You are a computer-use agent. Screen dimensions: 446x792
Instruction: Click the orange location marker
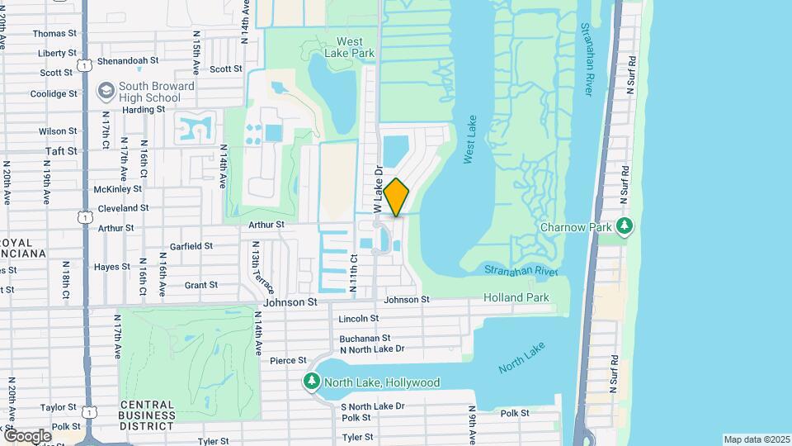click(x=396, y=197)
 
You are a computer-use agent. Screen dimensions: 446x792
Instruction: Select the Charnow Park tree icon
click(x=625, y=225)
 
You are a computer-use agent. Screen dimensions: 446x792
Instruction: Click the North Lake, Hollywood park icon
click(x=311, y=382)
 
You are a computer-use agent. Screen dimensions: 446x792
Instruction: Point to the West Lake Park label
click(x=355, y=47)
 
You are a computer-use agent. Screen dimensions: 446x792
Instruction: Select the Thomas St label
click(x=55, y=33)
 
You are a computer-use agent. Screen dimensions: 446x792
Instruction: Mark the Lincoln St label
click(x=358, y=318)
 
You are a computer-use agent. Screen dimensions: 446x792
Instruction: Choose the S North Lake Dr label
click(x=372, y=406)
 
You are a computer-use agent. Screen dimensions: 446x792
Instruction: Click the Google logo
click(x=27, y=435)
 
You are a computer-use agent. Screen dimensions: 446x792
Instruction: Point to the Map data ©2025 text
click(x=757, y=439)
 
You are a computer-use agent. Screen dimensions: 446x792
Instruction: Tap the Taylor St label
click(x=58, y=407)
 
